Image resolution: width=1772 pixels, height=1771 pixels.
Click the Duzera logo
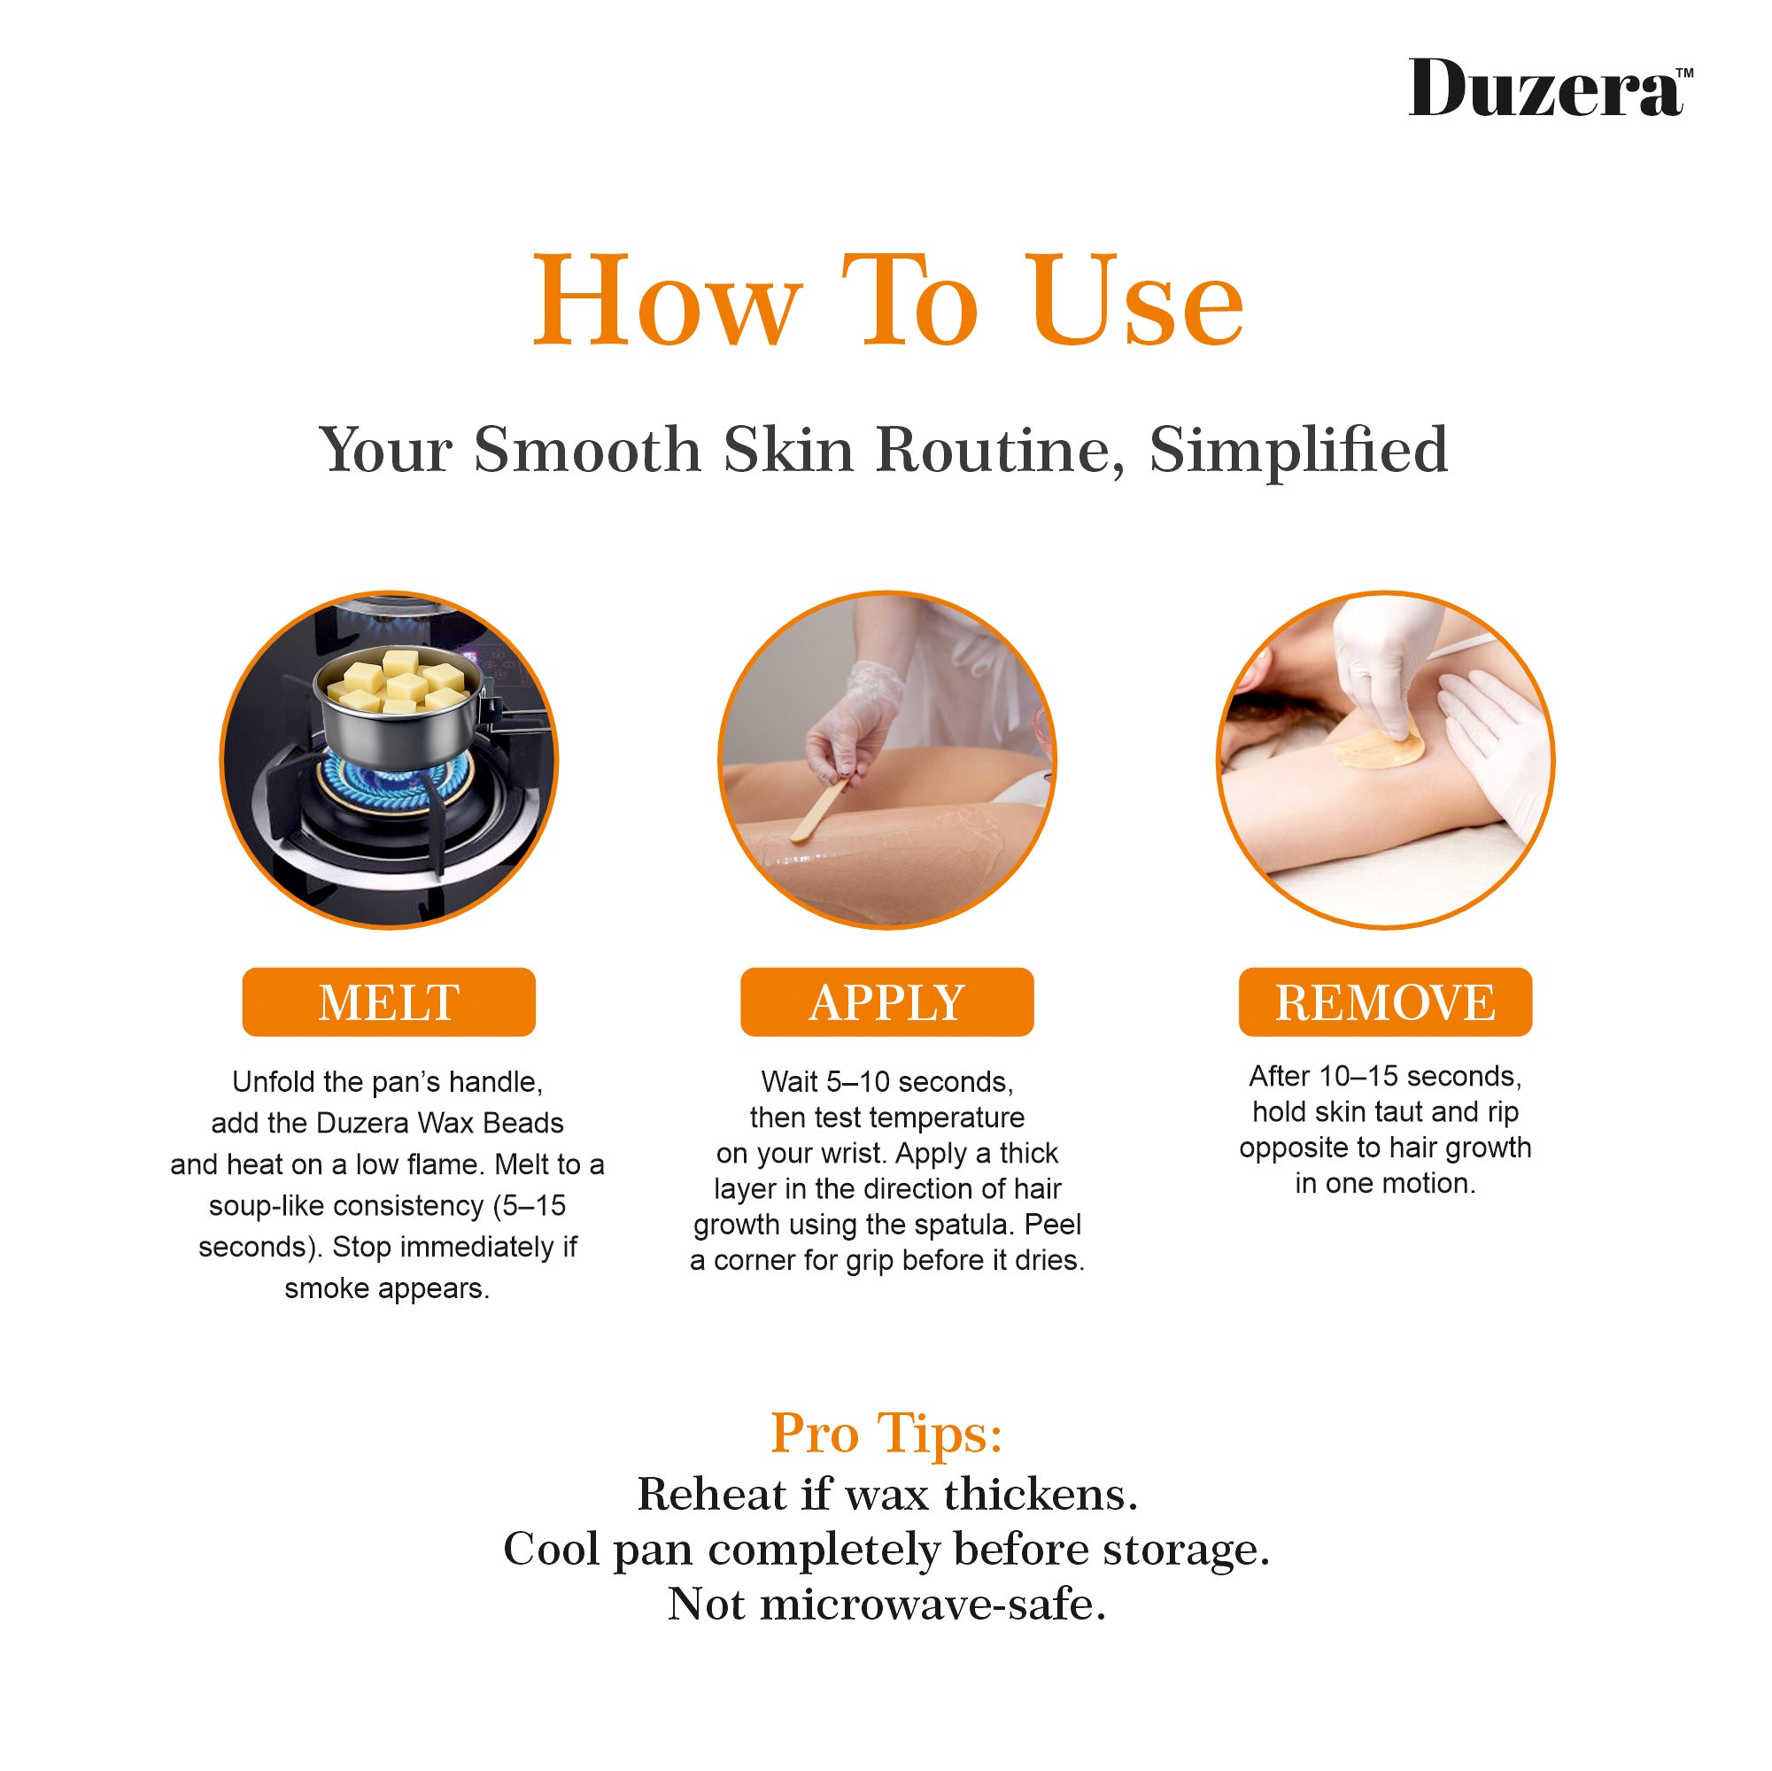(x=1550, y=88)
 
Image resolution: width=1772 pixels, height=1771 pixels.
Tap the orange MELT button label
(x=388, y=1002)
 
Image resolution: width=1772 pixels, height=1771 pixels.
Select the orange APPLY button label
(x=887, y=1002)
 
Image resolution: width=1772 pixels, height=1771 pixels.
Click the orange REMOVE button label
(x=1385, y=1002)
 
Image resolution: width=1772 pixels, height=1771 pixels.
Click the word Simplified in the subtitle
(x=1299, y=451)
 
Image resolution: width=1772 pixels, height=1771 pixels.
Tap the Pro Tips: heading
(x=886, y=1435)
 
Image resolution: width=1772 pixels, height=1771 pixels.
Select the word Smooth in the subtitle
(x=588, y=451)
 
